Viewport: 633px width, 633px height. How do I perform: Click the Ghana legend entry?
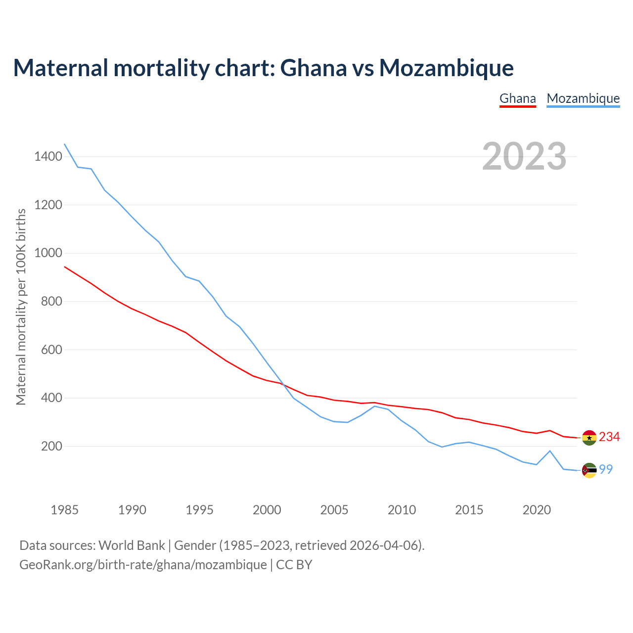pyautogui.click(x=518, y=98)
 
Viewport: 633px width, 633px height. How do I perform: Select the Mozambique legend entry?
pyautogui.click(x=583, y=98)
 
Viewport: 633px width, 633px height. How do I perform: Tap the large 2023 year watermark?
pyautogui.click(x=524, y=156)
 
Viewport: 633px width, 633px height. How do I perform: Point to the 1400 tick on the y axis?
pyautogui.click(x=48, y=157)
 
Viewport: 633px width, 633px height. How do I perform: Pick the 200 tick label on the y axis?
pyautogui.click(x=52, y=446)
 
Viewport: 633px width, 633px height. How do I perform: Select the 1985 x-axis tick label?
pyautogui.click(x=65, y=510)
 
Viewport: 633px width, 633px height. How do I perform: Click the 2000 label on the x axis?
pyautogui.click(x=267, y=510)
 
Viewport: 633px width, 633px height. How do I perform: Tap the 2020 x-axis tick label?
pyautogui.click(x=537, y=510)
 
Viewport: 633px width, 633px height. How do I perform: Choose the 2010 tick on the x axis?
pyautogui.click(x=402, y=510)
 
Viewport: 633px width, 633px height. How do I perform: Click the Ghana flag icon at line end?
pyautogui.click(x=589, y=438)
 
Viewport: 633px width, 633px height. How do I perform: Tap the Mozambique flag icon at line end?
pyautogui.click(x=589, y=470)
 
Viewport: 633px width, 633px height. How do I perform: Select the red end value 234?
pyautogui.click(x=609, y=437)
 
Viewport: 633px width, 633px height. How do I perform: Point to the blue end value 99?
pyautogui.click(x=606, y=469)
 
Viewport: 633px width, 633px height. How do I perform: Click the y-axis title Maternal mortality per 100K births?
pyautogui.click(x=21, y=307)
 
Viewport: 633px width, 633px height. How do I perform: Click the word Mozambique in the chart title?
pyautogui.click(x=446, y=68)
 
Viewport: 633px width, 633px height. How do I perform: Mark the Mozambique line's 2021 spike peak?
pyautogui.click(x=550, y=451)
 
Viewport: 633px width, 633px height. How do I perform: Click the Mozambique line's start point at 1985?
pyautogui.click(x=65, y=144)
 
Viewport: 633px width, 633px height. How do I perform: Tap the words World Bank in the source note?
pyautogui.click(x=132, y=545)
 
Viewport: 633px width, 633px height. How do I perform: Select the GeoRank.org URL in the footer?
pyautogui.click(x=143, y=565)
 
